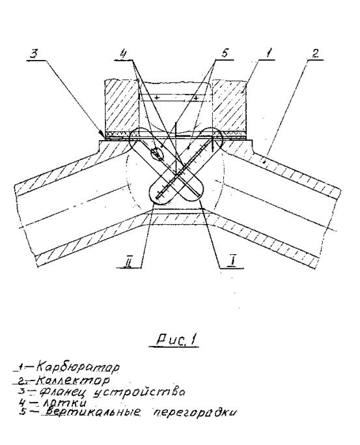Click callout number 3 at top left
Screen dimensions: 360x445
[x=33, y=53]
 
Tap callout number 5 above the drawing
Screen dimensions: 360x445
[x=225, y=53]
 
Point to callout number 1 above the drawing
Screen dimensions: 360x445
[x=269, y=53]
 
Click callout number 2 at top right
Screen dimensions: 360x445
[x=315, y=53]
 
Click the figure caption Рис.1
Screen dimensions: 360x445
[x=176, y=339]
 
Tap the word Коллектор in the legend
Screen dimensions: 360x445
[x=73, y=379]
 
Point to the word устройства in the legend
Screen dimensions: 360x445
[x=139, y=392]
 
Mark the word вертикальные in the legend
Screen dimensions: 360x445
[x=92, y=411]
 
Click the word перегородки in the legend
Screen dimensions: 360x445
[x=194, y=412]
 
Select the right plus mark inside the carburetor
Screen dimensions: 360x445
[x=195, y=97]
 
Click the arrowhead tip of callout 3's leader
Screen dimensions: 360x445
[x=103, y=137]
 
